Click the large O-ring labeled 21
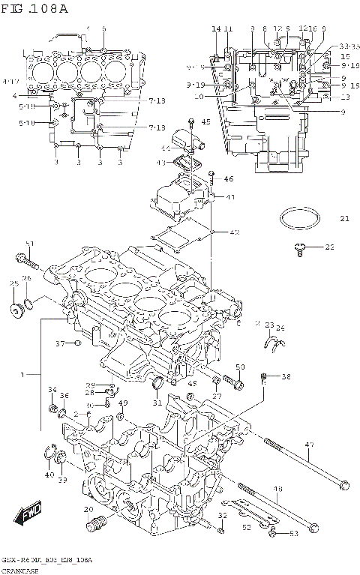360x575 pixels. (x=296, y=220)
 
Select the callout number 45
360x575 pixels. (x=205, y=121)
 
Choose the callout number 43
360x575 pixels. (x=161, y=163)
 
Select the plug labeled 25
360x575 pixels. (x=15, y=309)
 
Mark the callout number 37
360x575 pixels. (x=61, y=343)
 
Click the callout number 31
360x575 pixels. (x=158, y=403)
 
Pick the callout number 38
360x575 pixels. (x=285, y=377)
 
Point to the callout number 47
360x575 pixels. (x=309, y=445)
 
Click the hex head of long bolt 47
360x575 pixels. (x=343, y=484)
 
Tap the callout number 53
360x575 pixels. (x=293, y=534)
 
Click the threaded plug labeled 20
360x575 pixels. (x=93, y=524)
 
